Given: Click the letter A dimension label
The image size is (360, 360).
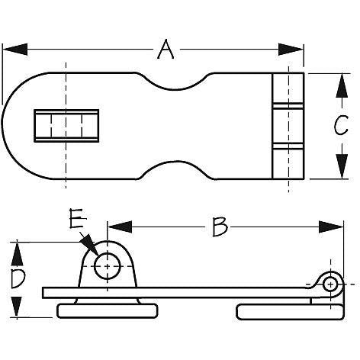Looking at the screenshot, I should [165, 50].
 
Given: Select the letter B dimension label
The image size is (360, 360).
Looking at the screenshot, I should [220, 227].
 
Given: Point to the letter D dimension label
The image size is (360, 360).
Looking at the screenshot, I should [17, 279].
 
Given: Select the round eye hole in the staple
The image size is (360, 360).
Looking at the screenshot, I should [106, 265].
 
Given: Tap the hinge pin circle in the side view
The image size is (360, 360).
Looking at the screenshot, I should [330, 284].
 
